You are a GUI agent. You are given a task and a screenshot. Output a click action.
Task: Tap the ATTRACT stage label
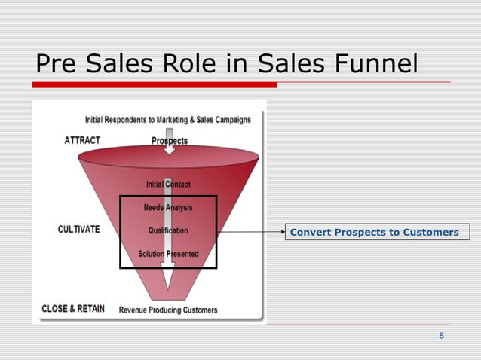pos(82,140)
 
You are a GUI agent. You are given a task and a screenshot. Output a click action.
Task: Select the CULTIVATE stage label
pos(78,230)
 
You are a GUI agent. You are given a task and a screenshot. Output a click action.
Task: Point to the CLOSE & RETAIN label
pos(73,309)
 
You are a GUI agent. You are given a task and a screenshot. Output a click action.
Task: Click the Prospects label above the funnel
pos(170,141)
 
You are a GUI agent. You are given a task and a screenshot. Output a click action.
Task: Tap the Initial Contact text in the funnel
pos(168,184)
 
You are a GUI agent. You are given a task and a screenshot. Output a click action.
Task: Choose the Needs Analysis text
pos(168,207)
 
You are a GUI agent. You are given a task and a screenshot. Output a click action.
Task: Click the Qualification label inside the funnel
pos(168,230)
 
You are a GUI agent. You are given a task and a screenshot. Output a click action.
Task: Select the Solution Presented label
pos(168,254)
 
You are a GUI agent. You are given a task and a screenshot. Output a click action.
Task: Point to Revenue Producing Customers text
pos(168,310)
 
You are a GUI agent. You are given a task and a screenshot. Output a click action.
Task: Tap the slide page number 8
pos(441,335)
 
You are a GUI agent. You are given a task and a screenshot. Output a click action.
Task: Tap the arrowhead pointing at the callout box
pos(280,232)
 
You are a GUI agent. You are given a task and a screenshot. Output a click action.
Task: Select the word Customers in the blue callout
pos(432,232)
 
